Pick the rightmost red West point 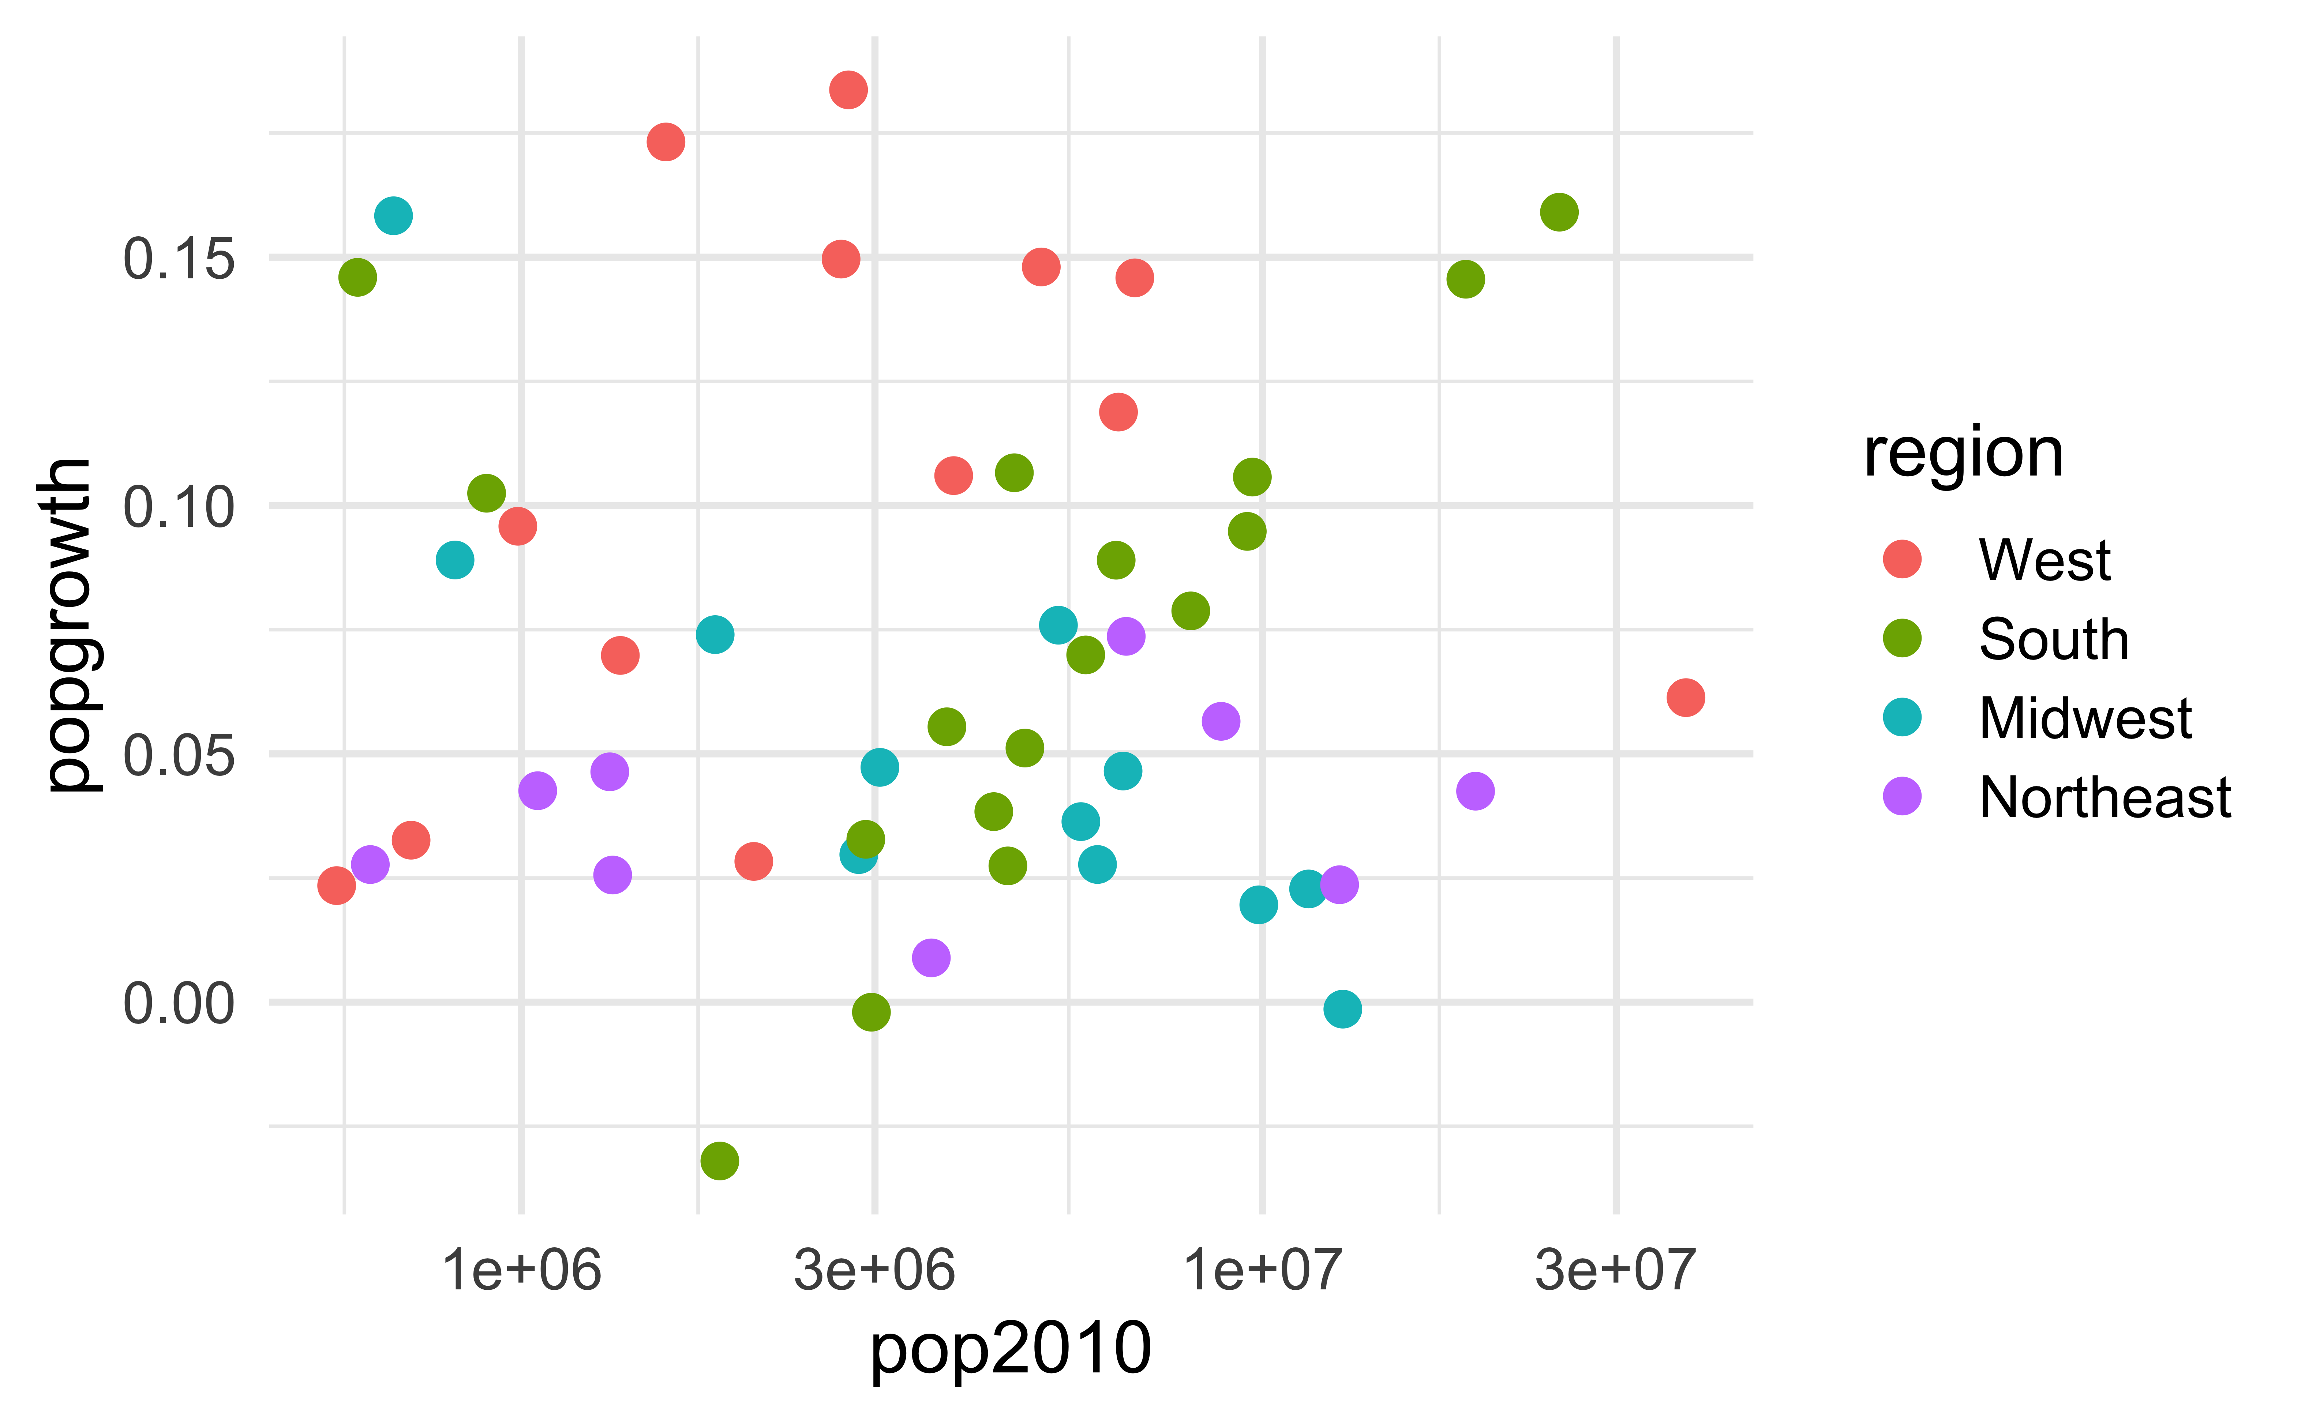(x=1685, y=698)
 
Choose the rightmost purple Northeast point (x=1475, y=791)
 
